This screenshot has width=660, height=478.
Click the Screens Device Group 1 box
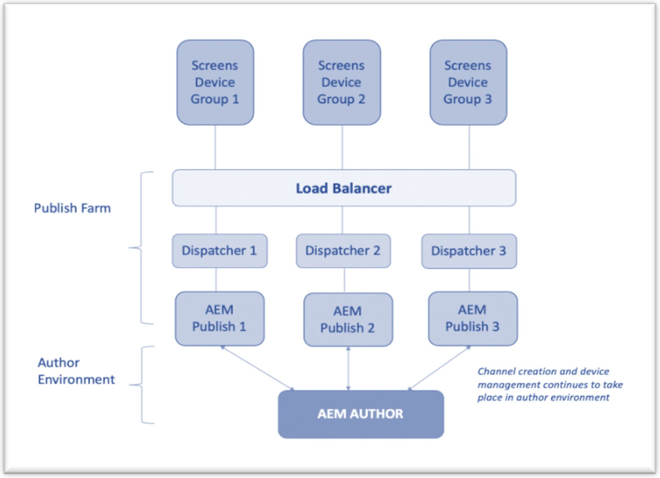pos(215,82)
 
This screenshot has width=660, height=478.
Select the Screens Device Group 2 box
pos(342,82)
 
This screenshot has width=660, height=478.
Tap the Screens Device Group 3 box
pos(468,82)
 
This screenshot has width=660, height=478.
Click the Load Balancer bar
pos(344,188)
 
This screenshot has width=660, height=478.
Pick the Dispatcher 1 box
pos(219,251)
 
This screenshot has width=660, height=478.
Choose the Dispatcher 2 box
pos(343,251)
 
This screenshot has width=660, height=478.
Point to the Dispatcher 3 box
pos(469,251)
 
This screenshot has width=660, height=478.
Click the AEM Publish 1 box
pos(219,318)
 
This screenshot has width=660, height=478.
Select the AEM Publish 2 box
pos(348,319)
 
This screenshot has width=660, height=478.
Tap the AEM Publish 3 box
pos(473,318)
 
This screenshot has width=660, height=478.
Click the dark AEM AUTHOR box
pos(361,414)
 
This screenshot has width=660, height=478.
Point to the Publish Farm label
pos(72,208)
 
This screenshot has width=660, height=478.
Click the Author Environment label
pos(76,371)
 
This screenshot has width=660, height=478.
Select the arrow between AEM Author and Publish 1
pos(258,368)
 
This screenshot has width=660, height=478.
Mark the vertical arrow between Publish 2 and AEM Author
pos(348,368)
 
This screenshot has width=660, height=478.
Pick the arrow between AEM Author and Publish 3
pos(439,368)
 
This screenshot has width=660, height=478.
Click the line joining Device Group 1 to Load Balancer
pos(215,147)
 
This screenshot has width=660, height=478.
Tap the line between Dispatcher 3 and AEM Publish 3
pos(469,280)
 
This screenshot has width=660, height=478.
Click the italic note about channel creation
pos(549,384)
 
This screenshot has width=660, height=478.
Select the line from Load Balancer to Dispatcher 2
pos(342,220)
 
